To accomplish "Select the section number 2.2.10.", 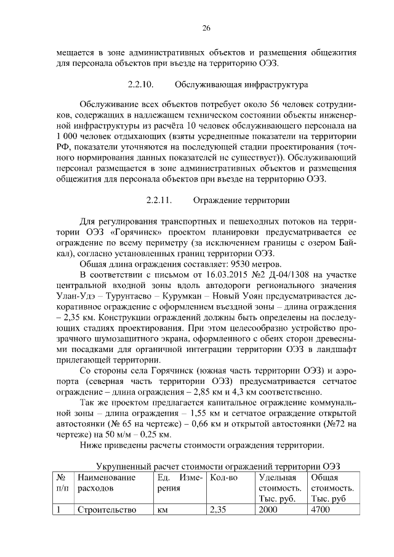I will click(140, 82).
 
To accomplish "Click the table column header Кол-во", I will click(223, 477).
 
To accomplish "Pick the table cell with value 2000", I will click(269, 510).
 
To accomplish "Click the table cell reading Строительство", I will click(102, 510).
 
